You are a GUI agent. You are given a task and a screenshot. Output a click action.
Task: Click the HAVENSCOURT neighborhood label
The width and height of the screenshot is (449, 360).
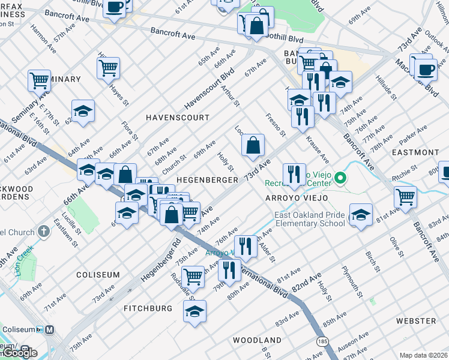coord(177,118)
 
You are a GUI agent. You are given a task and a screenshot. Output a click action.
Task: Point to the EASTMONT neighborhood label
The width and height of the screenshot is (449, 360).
coord(415,152)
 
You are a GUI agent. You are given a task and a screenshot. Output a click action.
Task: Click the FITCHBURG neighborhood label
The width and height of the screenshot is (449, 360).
coord(148,308)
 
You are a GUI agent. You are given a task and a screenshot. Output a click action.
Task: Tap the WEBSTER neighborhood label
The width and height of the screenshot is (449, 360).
coord(416,321)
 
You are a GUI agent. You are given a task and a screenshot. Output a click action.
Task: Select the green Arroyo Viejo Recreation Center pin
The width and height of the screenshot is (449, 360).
coord(340,178)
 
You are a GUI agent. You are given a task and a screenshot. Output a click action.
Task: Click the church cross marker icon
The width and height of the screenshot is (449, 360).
coord(43,231)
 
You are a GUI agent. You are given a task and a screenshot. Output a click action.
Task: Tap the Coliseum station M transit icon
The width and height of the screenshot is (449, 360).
coord(49,329)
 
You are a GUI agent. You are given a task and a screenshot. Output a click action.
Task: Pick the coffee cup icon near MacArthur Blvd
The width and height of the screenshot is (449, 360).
coord(426,68)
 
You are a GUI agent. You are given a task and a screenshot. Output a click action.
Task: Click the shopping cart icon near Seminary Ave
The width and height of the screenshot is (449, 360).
coord(38,79)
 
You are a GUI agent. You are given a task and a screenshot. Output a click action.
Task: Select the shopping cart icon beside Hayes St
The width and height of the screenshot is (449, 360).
coord(108,68)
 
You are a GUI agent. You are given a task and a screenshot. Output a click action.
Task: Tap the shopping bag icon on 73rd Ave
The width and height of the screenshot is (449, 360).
coord(253,145)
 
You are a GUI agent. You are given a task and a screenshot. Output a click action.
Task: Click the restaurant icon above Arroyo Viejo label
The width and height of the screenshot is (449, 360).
coord(294,174)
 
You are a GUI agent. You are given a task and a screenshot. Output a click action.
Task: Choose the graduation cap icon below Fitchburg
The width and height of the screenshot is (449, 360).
coord(194,311)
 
